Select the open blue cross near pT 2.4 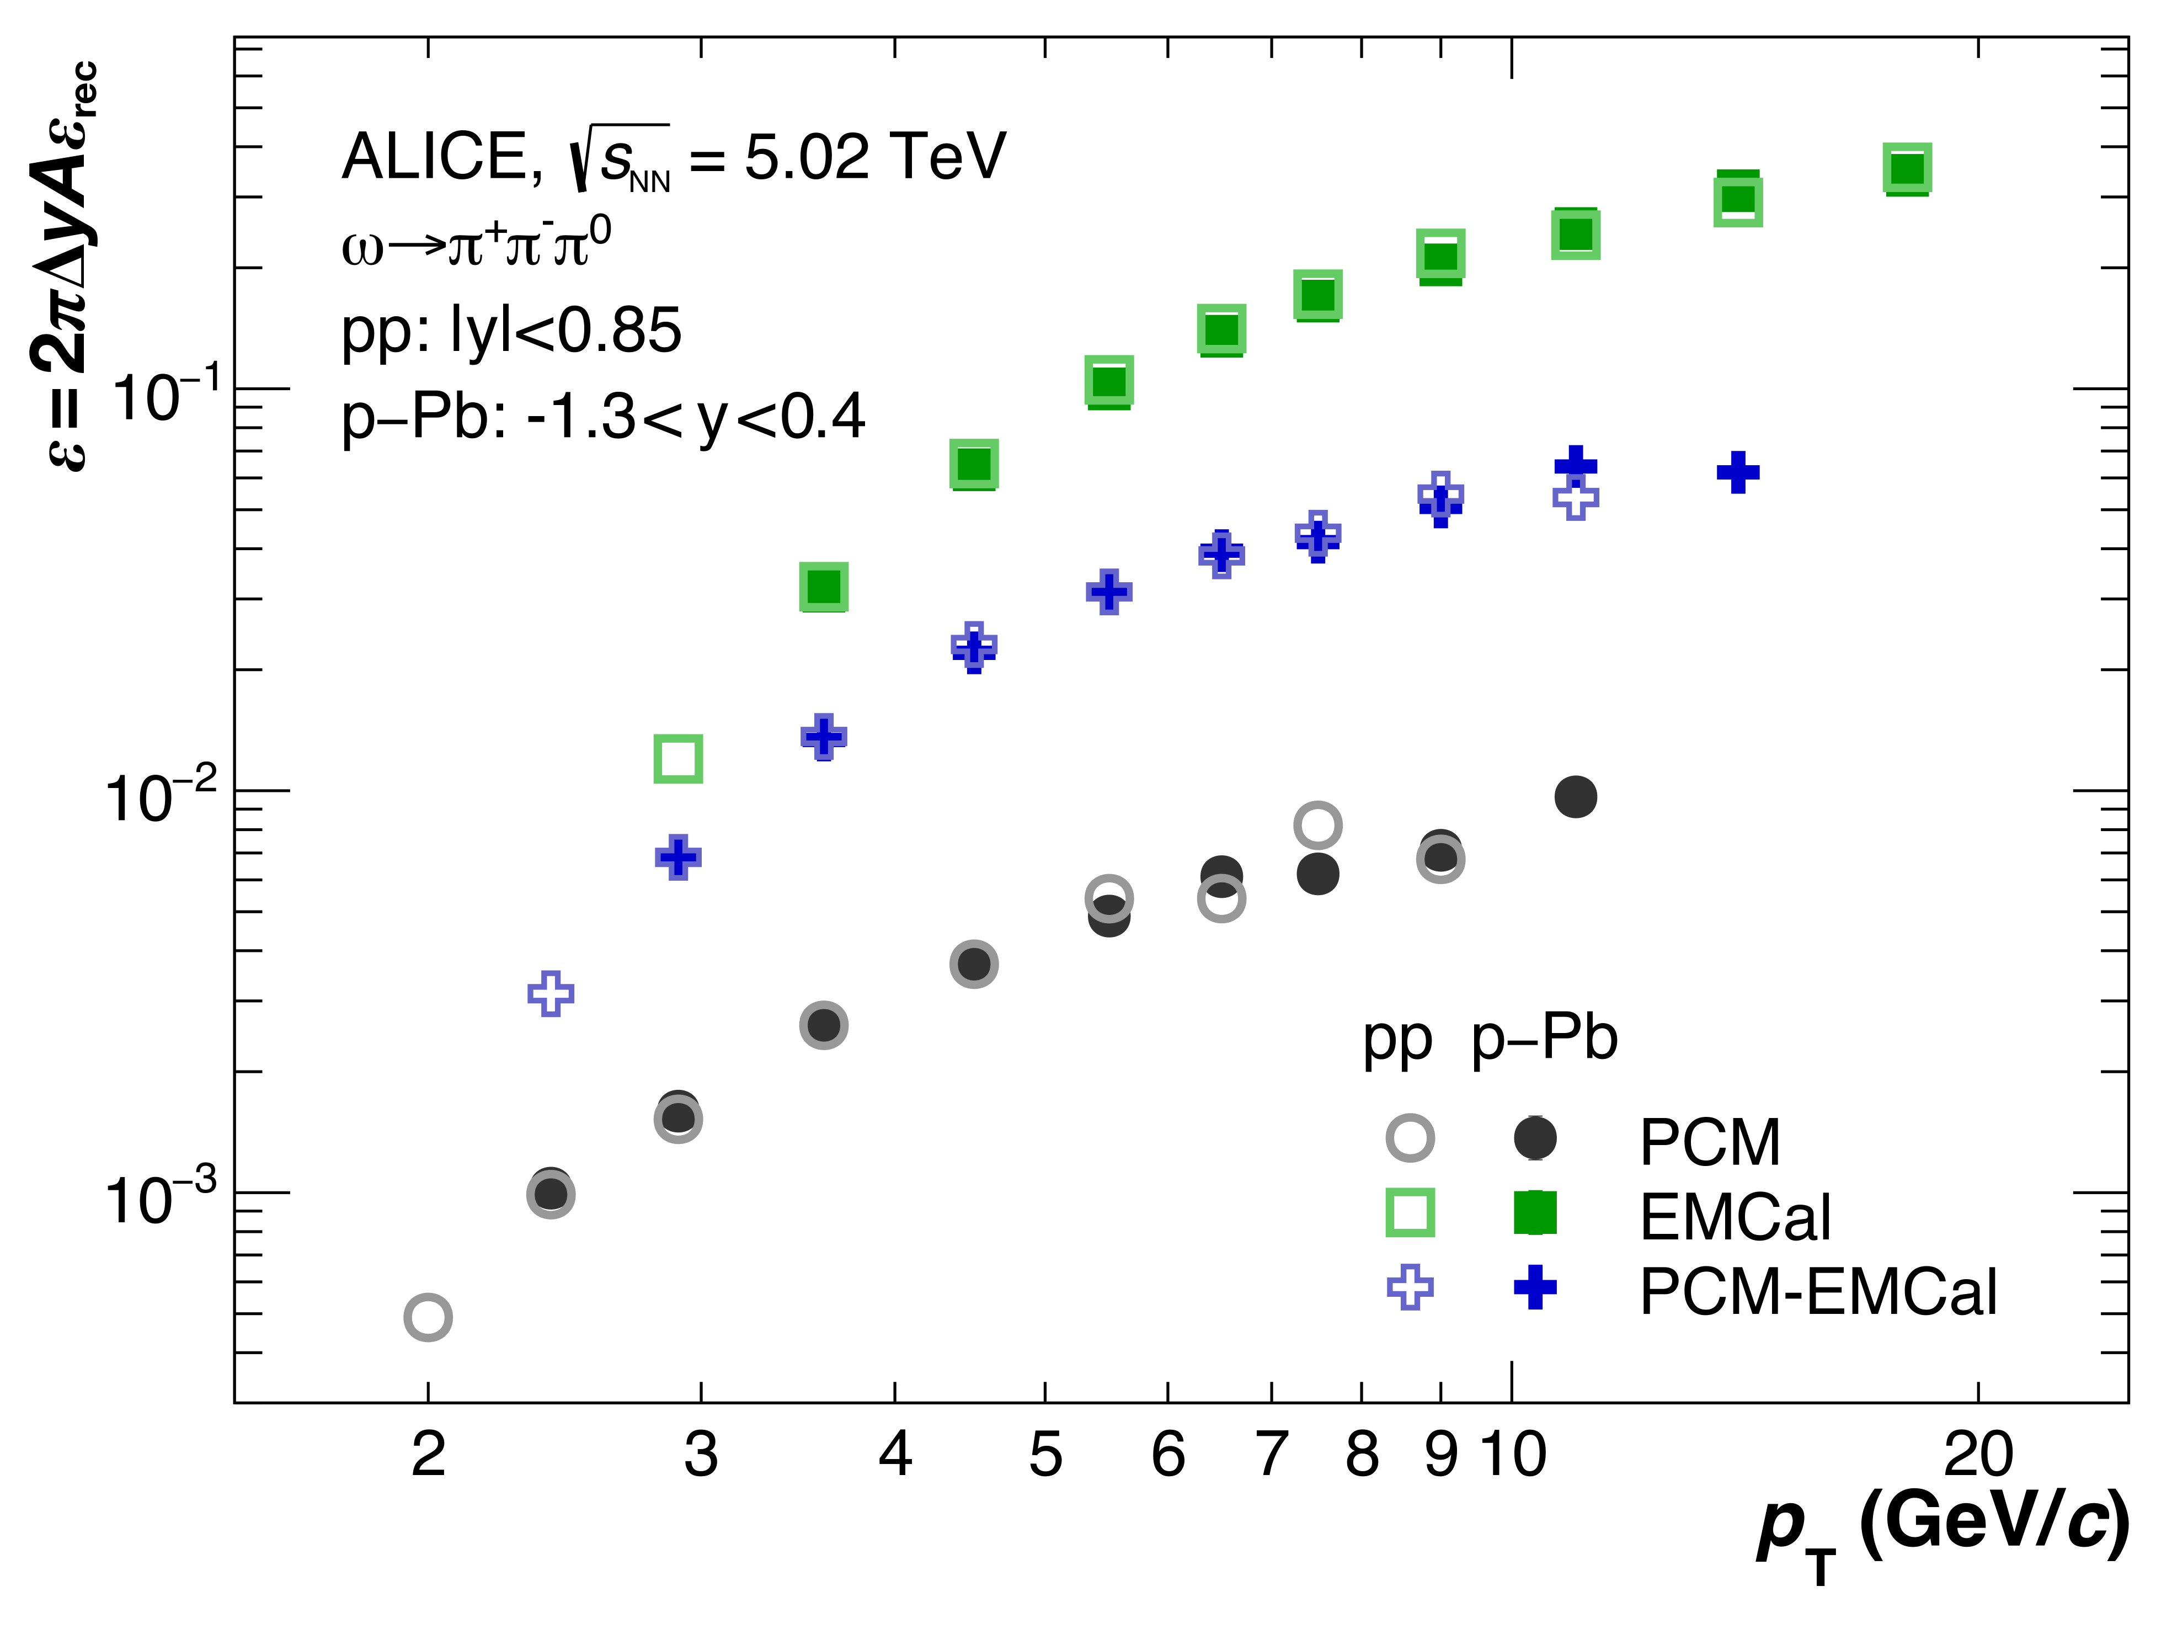point(551,994)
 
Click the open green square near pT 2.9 point(677,758)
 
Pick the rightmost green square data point point(1907,169)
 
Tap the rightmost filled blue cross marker point(1738,472)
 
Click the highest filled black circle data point point(1576,796)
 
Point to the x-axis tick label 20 point(1978,1455)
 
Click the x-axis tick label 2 point(428,1455)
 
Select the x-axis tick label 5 point(1045,1455)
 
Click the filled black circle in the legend point(1535,1138)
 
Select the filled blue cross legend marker point(1535,1287)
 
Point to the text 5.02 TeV point(874,157)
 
